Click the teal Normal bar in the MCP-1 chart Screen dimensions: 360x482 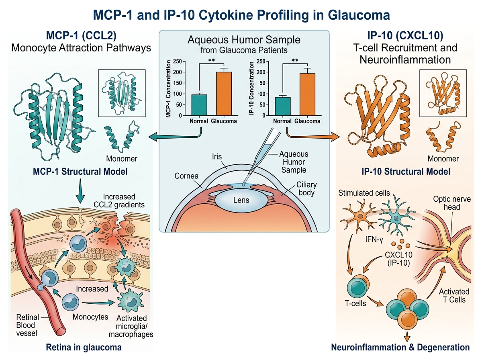(x=199, y=105)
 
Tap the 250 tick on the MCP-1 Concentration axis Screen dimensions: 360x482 (x=177, y=61)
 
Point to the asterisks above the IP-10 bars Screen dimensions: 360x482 (x=295, y=61)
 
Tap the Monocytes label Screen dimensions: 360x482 (x=90, y=317)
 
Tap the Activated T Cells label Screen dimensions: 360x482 (x=454, y=295)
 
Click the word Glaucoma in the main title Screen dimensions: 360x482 (x=356, y=15)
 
